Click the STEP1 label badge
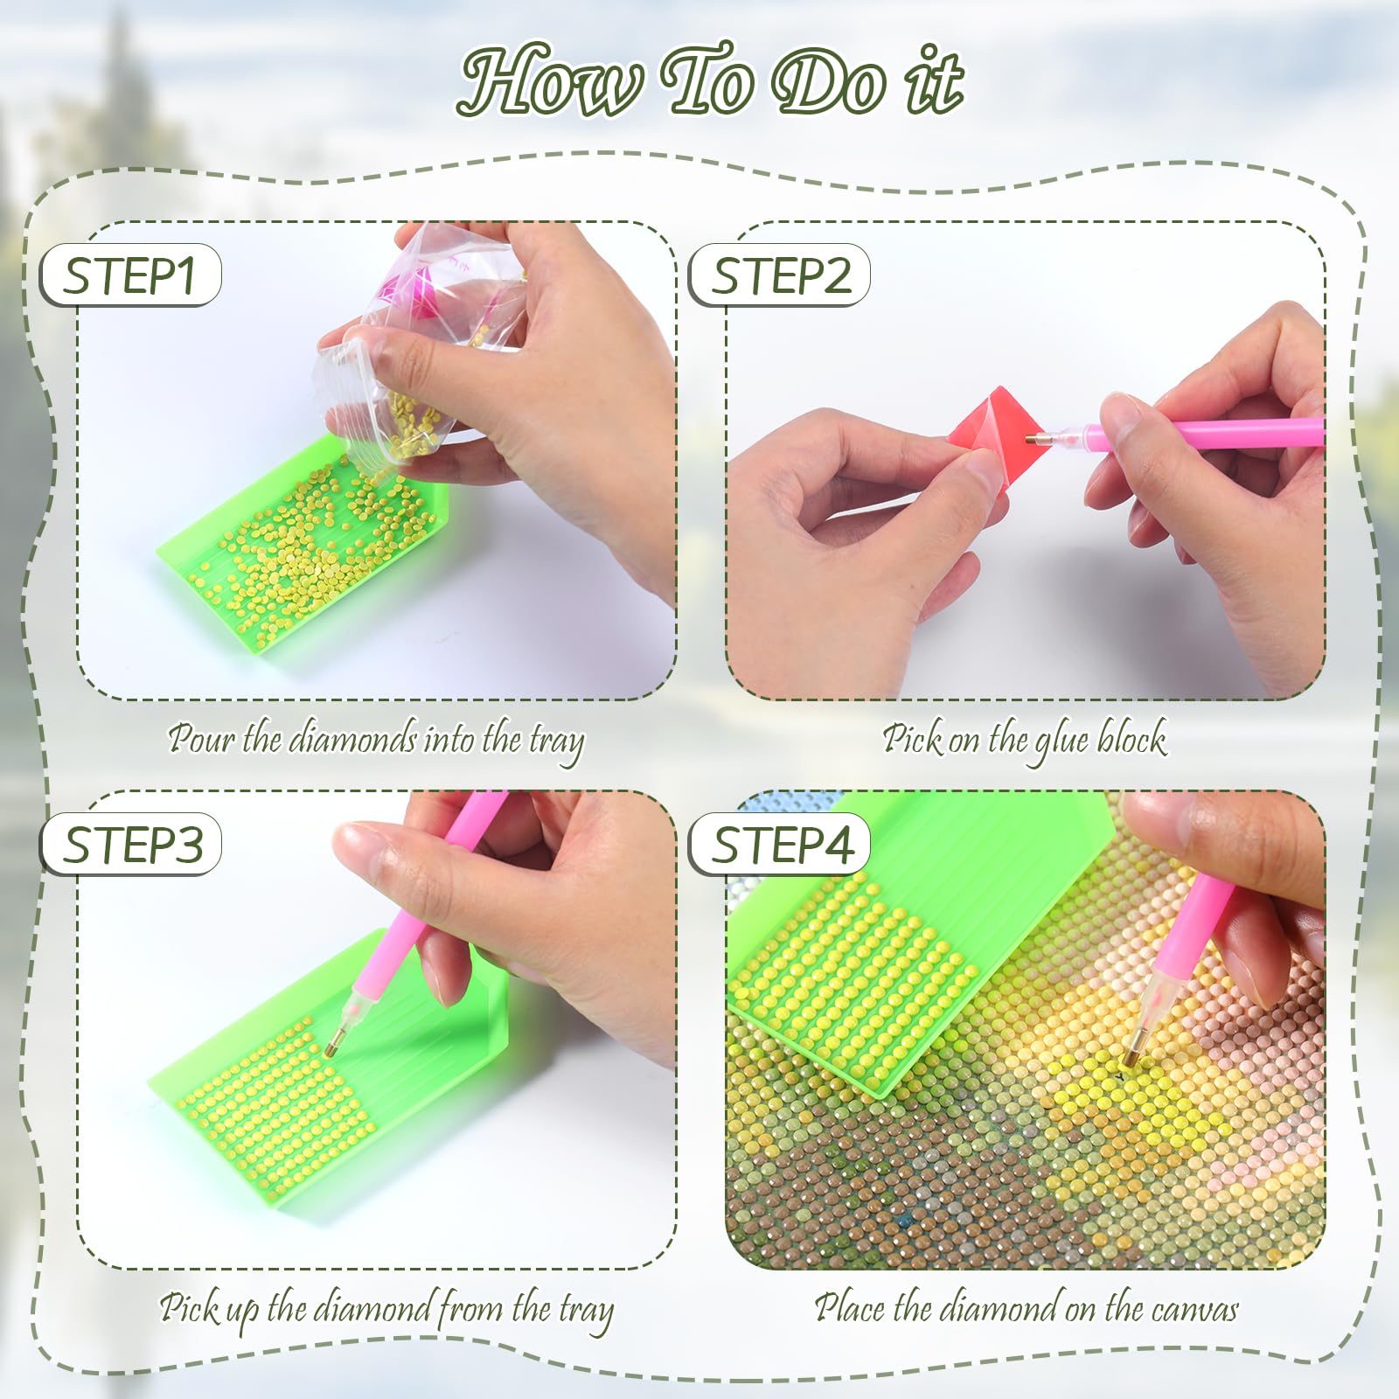coord(130,275)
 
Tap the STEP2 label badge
coord(779,275)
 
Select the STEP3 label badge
coord(130,845)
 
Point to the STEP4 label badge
coord(779,845)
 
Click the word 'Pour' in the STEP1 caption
coord(201,739)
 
